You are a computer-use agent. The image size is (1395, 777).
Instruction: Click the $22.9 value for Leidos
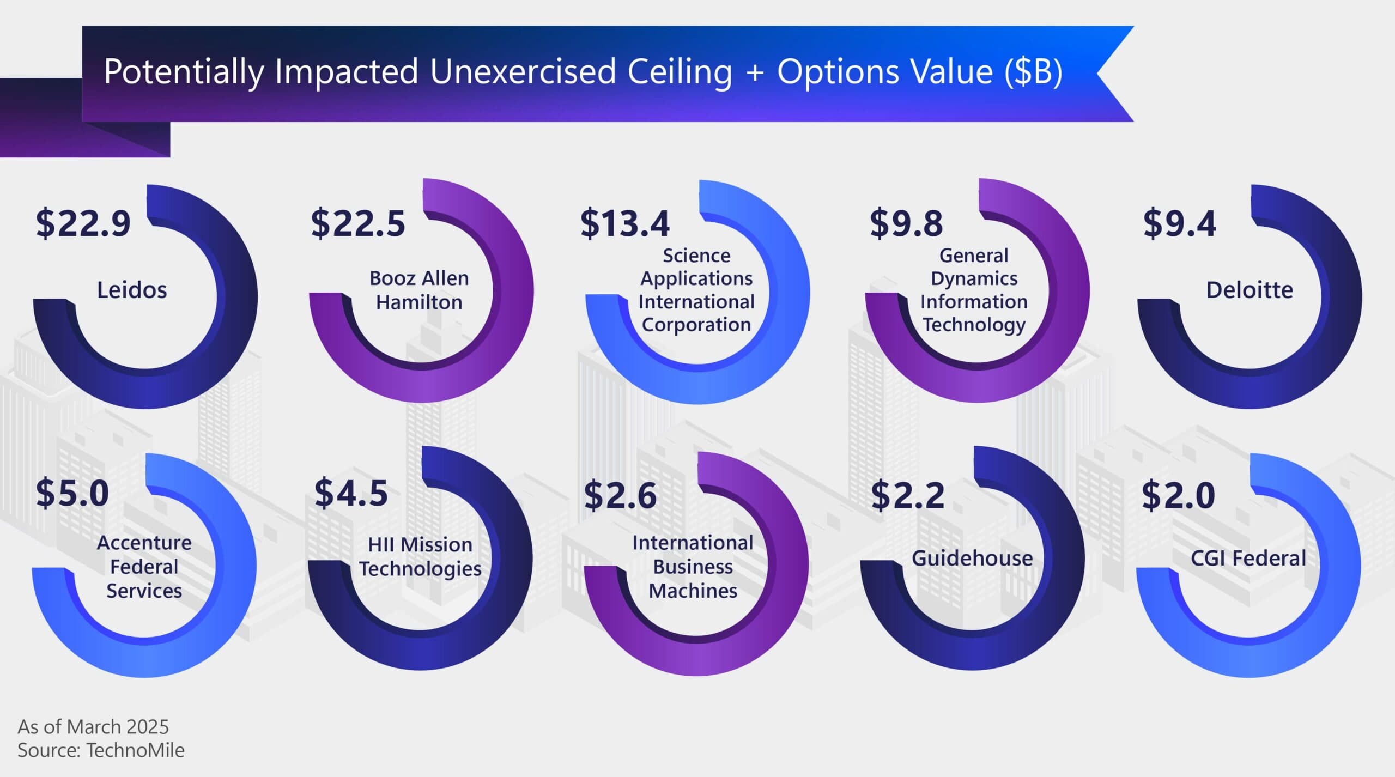pos(83,223)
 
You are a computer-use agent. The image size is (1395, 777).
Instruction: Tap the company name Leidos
pos(132,290)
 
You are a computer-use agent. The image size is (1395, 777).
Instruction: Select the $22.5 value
pos(358,223)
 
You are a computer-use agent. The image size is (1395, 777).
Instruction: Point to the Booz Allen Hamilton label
pos(419,290)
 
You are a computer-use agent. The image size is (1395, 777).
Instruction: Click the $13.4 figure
pos(625,223)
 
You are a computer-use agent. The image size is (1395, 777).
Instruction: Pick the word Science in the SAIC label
pos(696,255)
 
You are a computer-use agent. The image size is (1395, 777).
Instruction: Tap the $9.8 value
pos(906,223)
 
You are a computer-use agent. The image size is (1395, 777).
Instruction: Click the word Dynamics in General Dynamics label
pos(974,278)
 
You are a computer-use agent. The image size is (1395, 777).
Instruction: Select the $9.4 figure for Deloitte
pos(1180,223)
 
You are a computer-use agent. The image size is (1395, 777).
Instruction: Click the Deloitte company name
pos(1250,290)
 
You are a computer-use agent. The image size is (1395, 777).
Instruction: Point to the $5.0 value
pos(72,493)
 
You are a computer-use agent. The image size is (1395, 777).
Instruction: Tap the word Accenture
pos(144,543)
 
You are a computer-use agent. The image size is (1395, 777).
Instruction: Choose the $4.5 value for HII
pos(351,493)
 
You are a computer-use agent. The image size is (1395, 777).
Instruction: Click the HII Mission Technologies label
pos(420,556)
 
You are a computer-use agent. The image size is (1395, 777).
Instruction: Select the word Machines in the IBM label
pos(693,591)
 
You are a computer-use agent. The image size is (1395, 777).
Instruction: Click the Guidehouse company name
pos(972,558)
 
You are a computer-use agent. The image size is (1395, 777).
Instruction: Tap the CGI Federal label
pos(1248,558)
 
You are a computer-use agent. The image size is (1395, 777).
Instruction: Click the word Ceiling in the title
pos(680,72)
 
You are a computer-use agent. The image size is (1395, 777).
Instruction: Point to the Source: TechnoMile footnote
pos(101,750)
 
